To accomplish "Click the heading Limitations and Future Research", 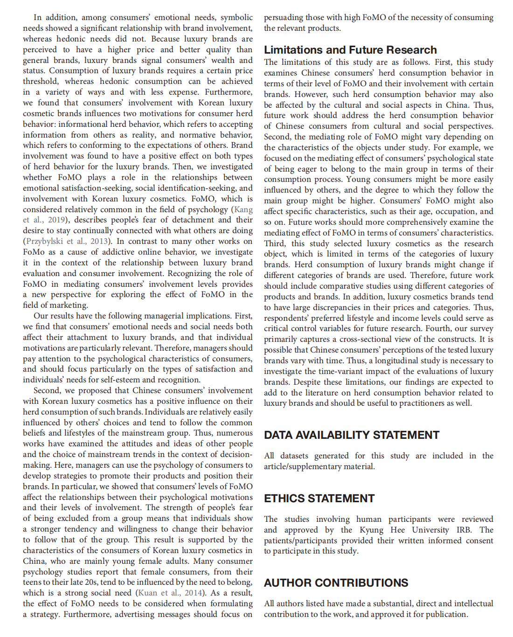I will coord(350,50).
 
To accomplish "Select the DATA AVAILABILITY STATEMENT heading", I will coord(352,435).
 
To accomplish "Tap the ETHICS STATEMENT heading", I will coord(319,499).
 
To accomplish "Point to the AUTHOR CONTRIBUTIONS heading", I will coord(336,583).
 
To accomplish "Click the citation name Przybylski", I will coord(45,241).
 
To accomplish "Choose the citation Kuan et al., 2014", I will coord(170,593).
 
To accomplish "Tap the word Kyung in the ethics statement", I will coord(371,530).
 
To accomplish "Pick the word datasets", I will coord(294,456).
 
